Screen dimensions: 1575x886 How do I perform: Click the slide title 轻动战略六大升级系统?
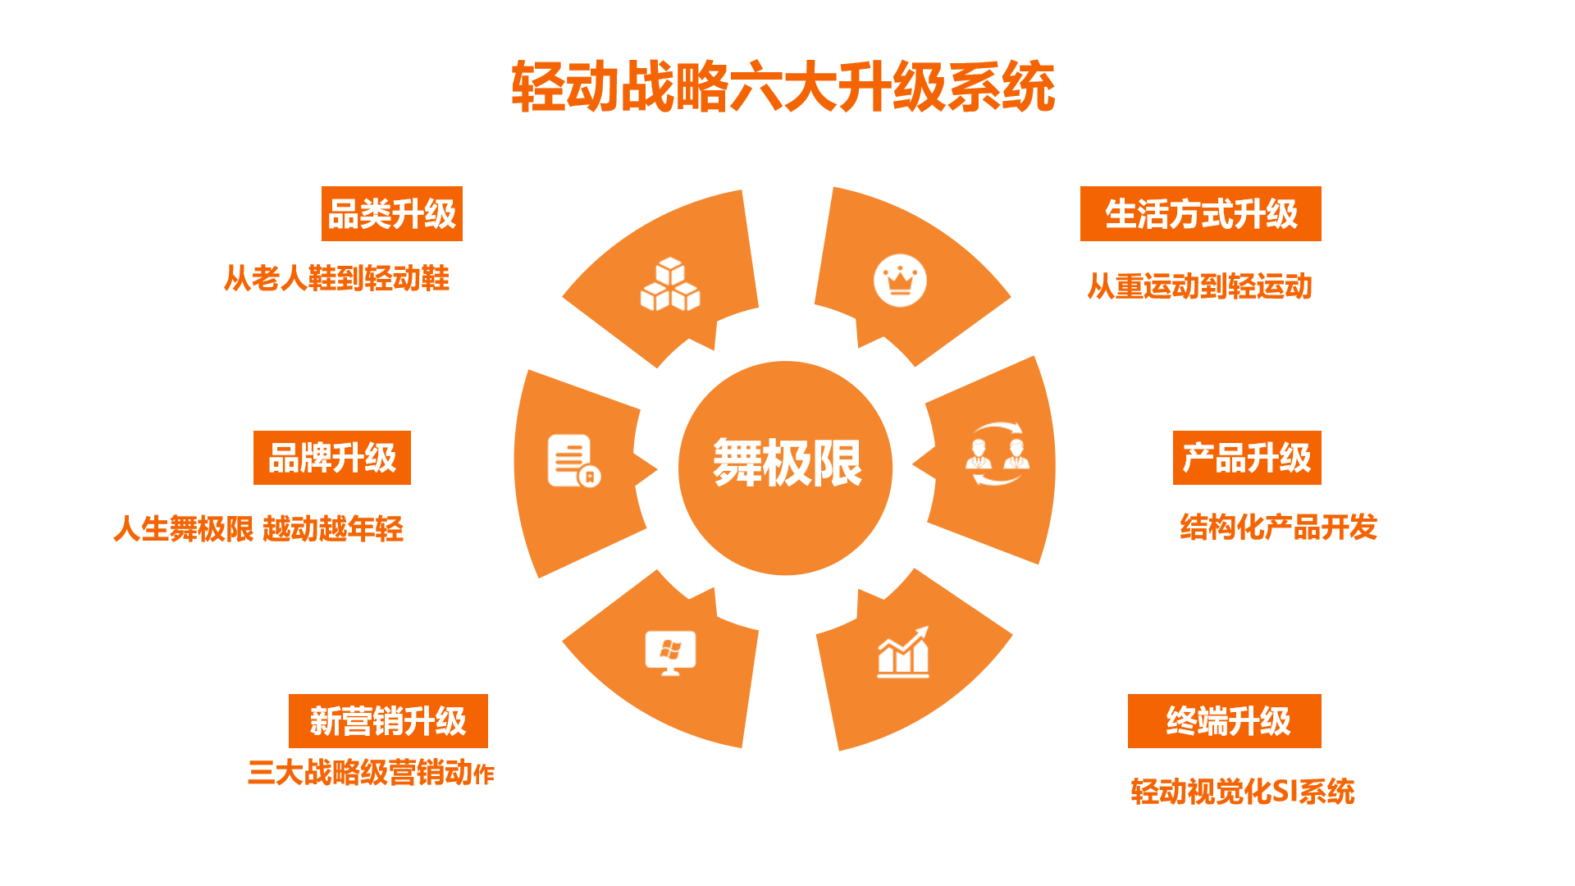coord(783,86)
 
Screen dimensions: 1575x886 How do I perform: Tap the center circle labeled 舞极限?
coord(785,468)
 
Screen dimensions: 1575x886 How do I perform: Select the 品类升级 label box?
coord(392,213)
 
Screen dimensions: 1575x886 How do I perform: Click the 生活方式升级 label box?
coord(1201,213)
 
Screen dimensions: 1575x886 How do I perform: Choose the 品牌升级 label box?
coord(332,458)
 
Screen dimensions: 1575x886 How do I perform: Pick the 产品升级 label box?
coord(1247,458)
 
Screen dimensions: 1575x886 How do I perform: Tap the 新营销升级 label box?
coord(388,721)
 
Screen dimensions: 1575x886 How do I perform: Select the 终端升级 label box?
coord(1225,721)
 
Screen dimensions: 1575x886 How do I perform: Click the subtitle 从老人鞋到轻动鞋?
coord(337,278)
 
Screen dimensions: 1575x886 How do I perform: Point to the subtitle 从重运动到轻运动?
coord(1200,286)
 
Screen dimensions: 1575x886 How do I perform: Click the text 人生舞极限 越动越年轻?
coord(258,528)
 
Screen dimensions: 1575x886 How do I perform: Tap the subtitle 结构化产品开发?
coord(1279,527)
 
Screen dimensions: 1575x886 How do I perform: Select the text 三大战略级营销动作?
coord(372,773)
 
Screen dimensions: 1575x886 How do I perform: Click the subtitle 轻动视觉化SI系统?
coord(1243,791)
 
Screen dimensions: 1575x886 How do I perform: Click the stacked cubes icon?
coord(670,285)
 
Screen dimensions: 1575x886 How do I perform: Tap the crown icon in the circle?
coord(900,281)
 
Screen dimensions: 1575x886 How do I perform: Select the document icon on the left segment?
coord(574,461)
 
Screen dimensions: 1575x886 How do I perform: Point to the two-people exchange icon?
coord(997,454)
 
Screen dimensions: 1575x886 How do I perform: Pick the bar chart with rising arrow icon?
coord(903,652)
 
